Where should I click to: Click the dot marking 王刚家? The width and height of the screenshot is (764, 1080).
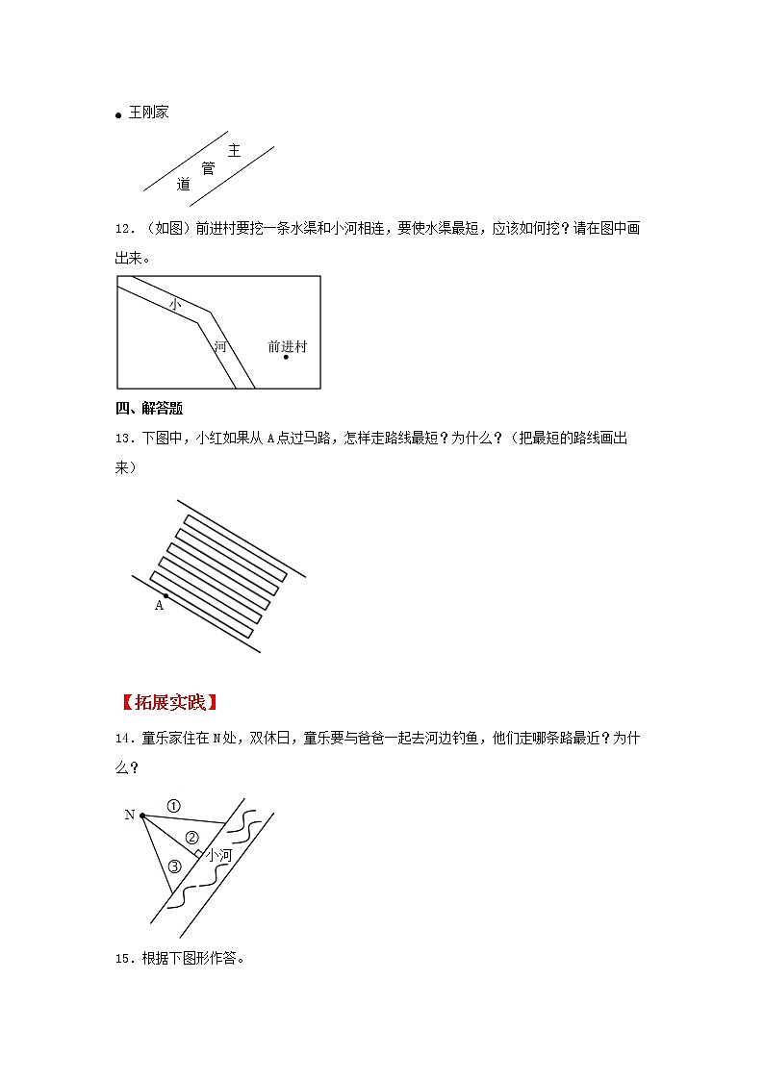[119, 115]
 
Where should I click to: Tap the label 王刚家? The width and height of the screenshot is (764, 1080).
[149, 113]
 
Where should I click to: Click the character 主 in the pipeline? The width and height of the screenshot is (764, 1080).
[234, 150]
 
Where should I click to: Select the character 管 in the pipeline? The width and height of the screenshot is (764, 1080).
[208, 167]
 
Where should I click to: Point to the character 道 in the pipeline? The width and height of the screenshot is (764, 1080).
[183, 184]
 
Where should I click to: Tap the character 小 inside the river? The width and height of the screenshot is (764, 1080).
[174, 304]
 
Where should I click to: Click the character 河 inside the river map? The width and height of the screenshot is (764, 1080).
[220, 346]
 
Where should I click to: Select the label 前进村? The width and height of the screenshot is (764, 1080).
[287, 346]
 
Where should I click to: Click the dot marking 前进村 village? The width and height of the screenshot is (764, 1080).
[286, 358]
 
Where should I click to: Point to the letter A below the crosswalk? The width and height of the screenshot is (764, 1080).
[160, 606]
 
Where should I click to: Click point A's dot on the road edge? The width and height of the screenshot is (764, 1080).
[166, 596]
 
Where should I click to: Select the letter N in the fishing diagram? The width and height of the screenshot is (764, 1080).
[130, 815]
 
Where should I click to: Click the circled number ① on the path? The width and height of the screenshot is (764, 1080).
[173, 805]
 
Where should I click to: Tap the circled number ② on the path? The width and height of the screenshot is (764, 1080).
[191, 837]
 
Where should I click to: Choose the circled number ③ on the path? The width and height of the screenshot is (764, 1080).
[174, 866]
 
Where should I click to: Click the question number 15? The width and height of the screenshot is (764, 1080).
[123, 958]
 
